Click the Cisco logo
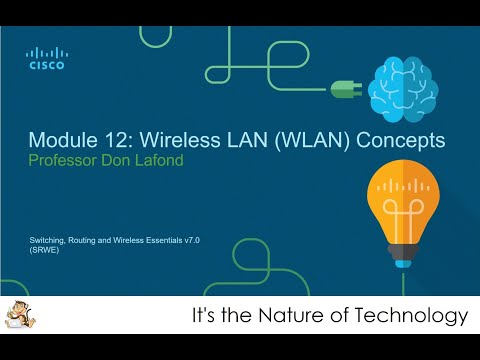point(46,59)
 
